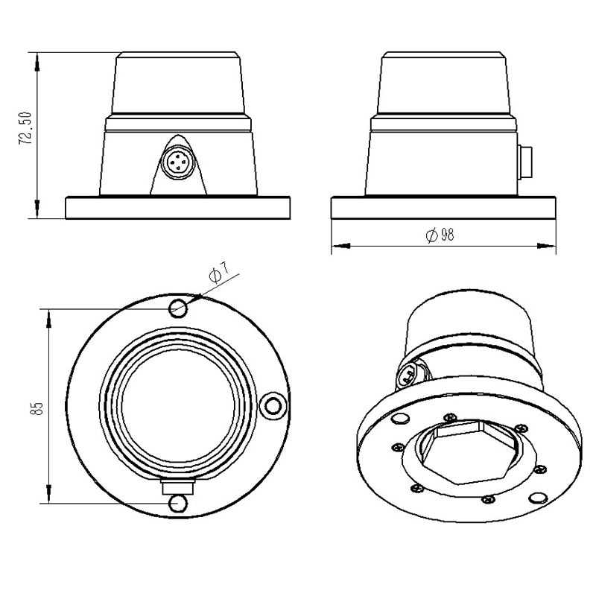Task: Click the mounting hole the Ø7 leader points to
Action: [x=179, y=308]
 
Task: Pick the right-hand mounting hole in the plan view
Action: [x=273, y=405]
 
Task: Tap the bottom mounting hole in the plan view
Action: [x=178, y=504]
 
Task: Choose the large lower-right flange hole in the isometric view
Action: [x=535, y=498]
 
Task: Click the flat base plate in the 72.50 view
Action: [x=178, y=208]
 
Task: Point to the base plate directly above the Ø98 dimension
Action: [x=443, y=208]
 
